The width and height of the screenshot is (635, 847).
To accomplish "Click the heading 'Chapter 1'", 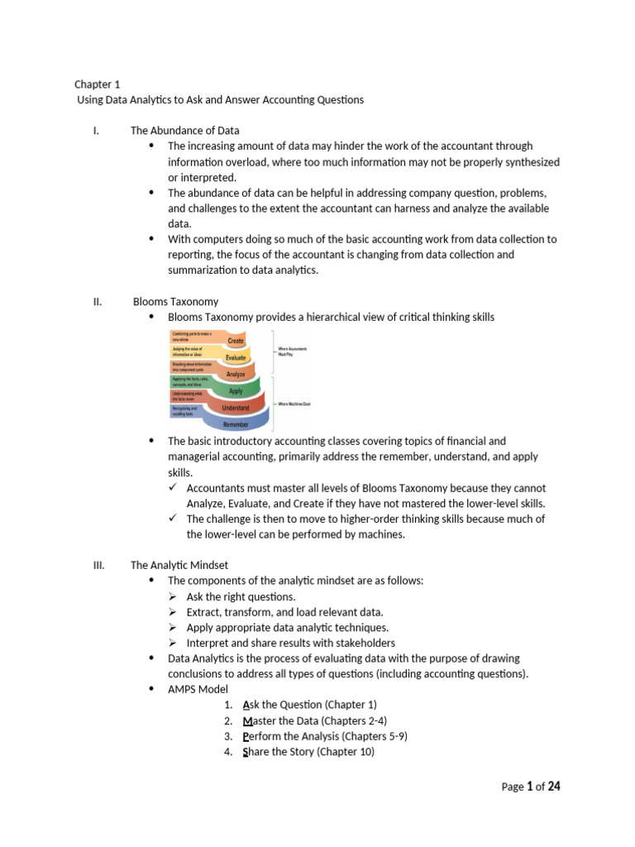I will [x=97, y=84].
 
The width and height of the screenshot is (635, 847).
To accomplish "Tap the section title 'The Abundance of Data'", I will [x=184, y=131].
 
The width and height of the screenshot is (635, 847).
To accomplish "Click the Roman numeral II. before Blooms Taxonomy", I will [x=97, y=302].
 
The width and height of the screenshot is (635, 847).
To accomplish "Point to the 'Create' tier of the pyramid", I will [x=235, y=340].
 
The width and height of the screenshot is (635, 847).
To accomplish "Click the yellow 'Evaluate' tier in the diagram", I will [x=236, y=357].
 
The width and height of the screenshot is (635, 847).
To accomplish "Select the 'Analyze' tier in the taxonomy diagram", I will [x=236, y=375].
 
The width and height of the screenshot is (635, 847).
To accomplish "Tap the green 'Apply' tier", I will [x=236, y=391].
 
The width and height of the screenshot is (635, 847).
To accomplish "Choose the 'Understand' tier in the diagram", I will [x=235, y=409].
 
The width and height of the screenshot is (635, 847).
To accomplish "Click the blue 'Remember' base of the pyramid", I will [x=235, y=424].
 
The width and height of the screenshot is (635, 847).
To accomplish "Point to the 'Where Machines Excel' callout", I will [x=294, y=404].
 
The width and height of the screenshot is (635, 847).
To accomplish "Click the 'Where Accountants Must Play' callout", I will [x=292, y=351].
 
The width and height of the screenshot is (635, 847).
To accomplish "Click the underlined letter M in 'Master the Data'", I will [x=247, y=720].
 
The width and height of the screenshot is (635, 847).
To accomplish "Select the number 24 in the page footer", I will [x=554, y=787].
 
